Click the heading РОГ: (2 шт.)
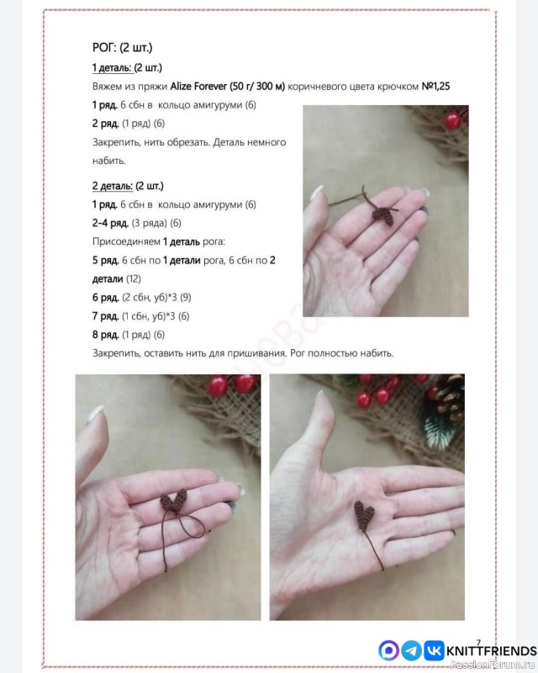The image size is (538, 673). coord(122,47)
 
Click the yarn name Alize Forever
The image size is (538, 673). coord(198,87)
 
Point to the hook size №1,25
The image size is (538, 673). coord(436,87)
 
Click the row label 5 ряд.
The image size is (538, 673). coord(106,261)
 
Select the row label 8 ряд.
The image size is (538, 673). coord(106,335)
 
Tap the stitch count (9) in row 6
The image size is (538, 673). coord(185,298)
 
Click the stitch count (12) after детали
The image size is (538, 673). coord(134,279)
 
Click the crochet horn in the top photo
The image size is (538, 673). coord(383,215)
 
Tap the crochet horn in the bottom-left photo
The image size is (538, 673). coord(174,501)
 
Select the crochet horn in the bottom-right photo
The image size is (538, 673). coord(365,514)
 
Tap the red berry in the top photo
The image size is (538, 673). coord(452,120)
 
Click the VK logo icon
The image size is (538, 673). coord(434,650)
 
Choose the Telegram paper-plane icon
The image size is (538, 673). coord(411,650)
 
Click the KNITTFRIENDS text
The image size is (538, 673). coord(492,651)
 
